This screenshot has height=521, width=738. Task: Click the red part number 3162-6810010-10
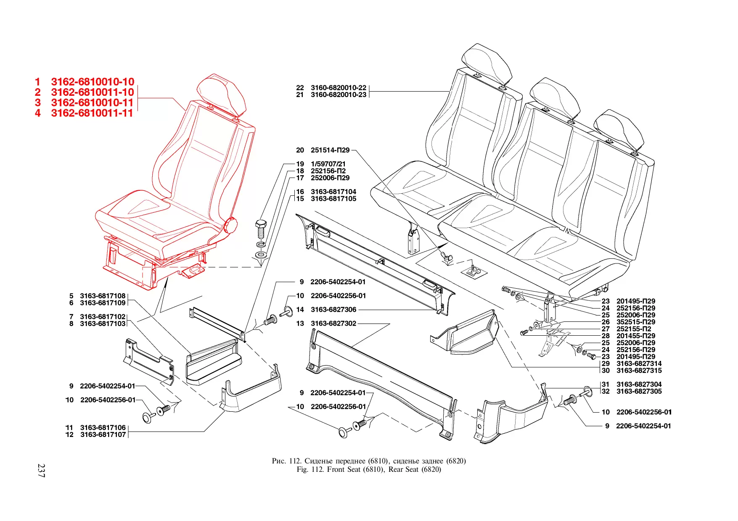coord(93,82)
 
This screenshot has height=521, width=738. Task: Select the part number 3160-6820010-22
coord(338,87)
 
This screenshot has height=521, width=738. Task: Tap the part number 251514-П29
coord(330,150)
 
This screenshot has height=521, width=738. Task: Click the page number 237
coord(41,470)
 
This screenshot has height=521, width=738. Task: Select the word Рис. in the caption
coord(279,461)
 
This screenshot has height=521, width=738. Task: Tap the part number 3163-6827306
coord(333,310)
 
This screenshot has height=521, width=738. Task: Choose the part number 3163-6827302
coord(333,324)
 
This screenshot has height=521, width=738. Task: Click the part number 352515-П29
coord(635,322)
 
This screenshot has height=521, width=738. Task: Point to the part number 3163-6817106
coord(103,428)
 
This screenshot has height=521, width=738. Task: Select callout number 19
coord(300,164)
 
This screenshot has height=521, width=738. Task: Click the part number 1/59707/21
coord(328,164)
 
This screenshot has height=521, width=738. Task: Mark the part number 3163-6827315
coord(639,371)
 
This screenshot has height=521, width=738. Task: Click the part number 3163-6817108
coord(103,296)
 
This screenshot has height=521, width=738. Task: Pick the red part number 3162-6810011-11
coord(92,113)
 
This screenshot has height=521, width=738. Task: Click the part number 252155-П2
coord(634,329)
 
